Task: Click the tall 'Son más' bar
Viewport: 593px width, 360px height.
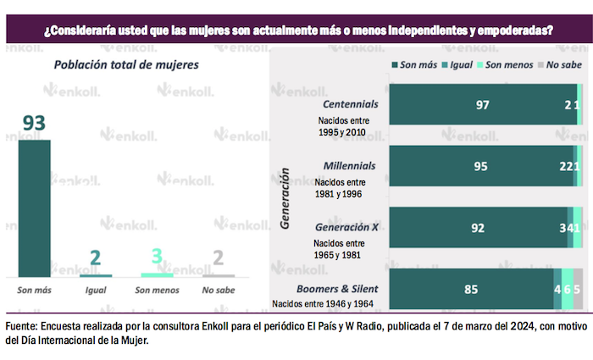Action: click(35, 208)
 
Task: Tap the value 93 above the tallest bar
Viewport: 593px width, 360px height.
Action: click(34, 124)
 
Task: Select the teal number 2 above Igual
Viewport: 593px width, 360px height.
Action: click(96, 258)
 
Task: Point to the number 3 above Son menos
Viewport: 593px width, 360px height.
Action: click(157, 258)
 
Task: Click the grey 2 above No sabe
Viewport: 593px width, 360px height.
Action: click(218, 258)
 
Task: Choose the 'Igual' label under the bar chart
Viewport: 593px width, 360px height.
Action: click(96, 290)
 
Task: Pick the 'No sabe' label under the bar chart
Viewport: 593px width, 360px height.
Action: click(218, 290)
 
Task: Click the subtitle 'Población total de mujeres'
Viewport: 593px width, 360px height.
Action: click(126, 65)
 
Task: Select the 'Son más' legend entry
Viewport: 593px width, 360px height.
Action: click(416, 65)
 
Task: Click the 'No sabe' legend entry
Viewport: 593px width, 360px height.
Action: click(560, 65)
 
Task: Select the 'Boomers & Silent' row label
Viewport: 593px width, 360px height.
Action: click(336, 289)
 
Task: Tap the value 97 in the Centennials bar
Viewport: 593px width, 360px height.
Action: click(483, 104)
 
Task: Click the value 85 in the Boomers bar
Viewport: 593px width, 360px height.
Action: click(471, 290)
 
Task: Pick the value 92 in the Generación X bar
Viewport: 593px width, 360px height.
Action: click(478, 228)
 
